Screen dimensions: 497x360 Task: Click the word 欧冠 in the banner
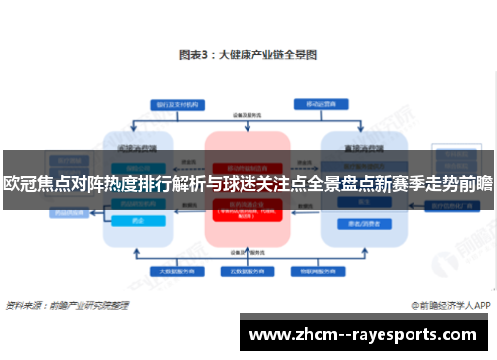pos(21,182)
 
